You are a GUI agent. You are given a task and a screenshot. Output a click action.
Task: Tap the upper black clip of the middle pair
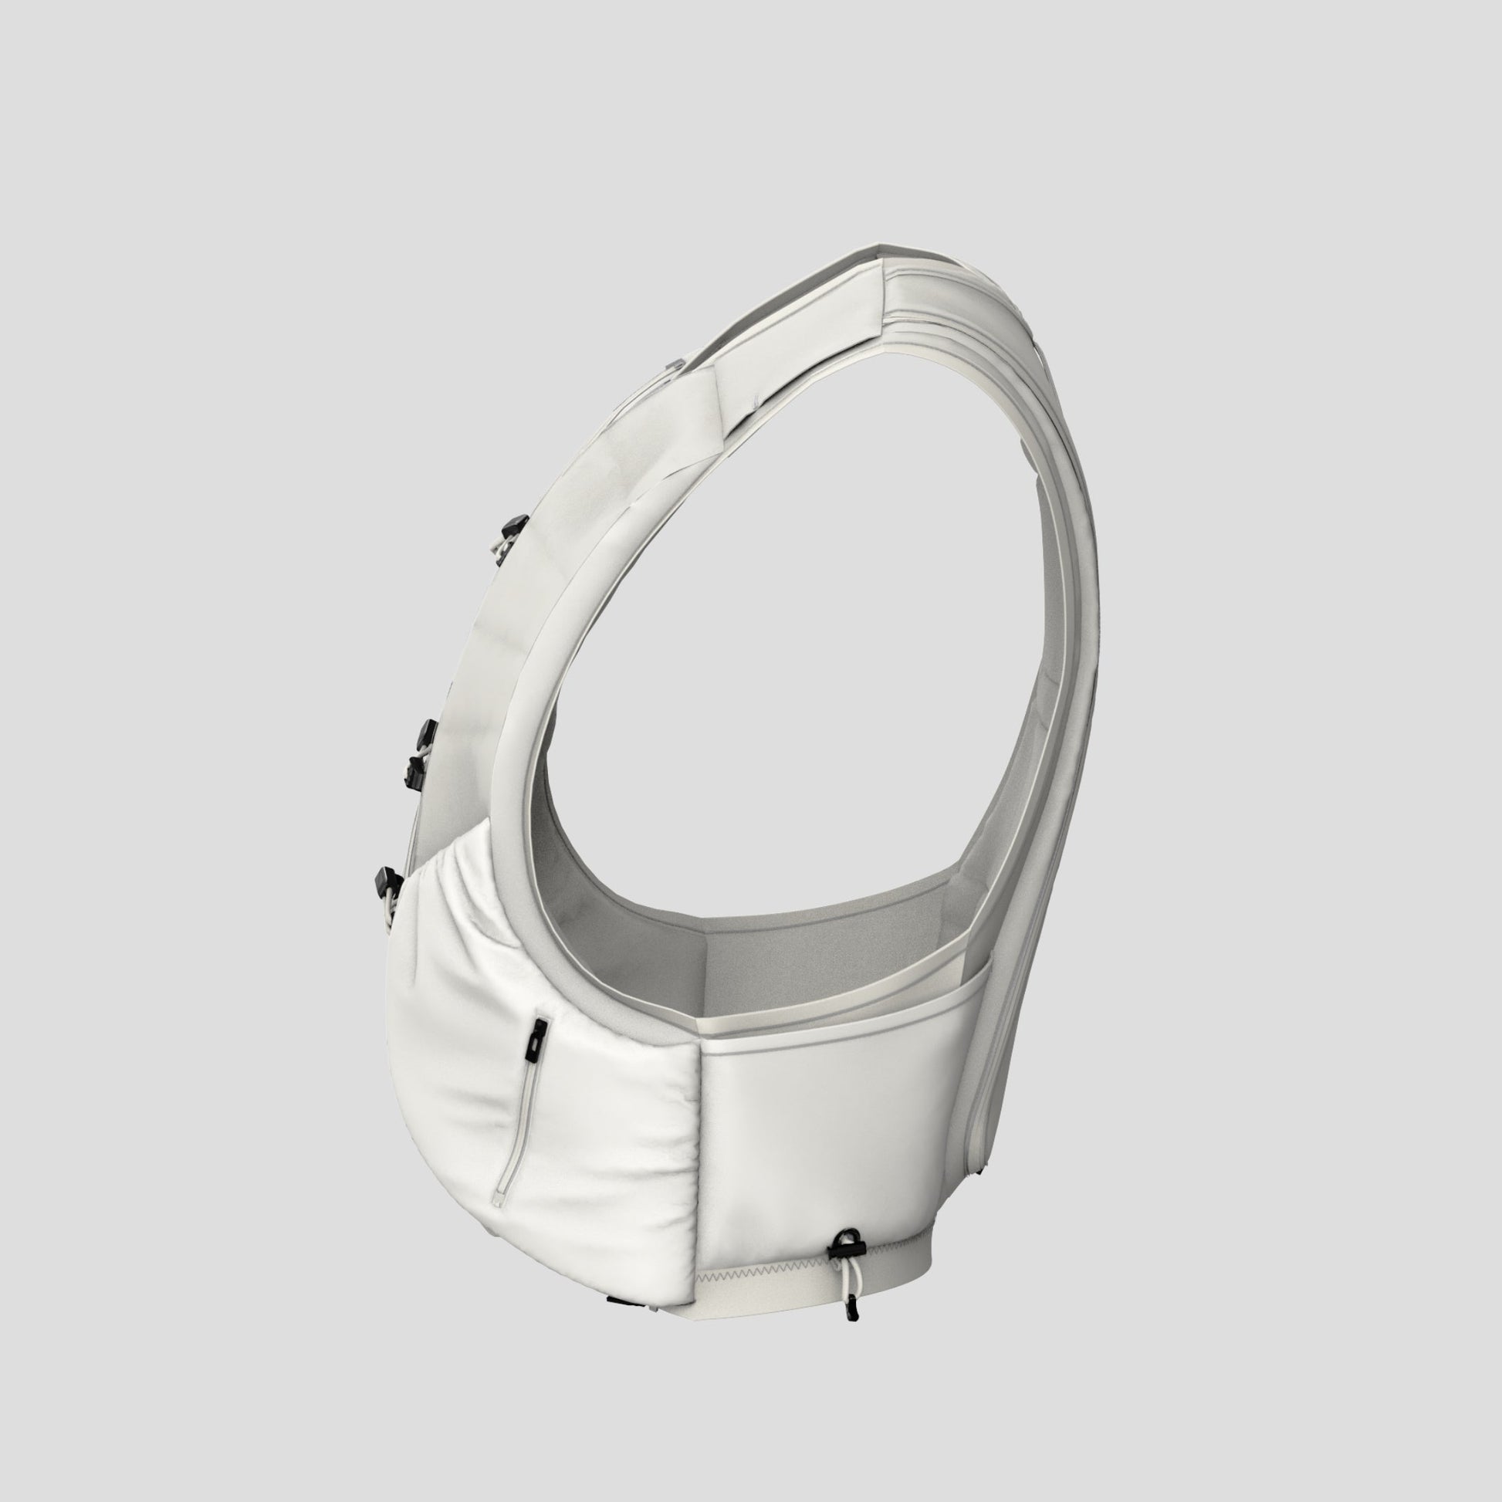pyautogui.click(x=426, y=730)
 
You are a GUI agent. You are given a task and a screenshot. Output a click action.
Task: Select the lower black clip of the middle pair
pyautogui.click(x=414, y=770)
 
